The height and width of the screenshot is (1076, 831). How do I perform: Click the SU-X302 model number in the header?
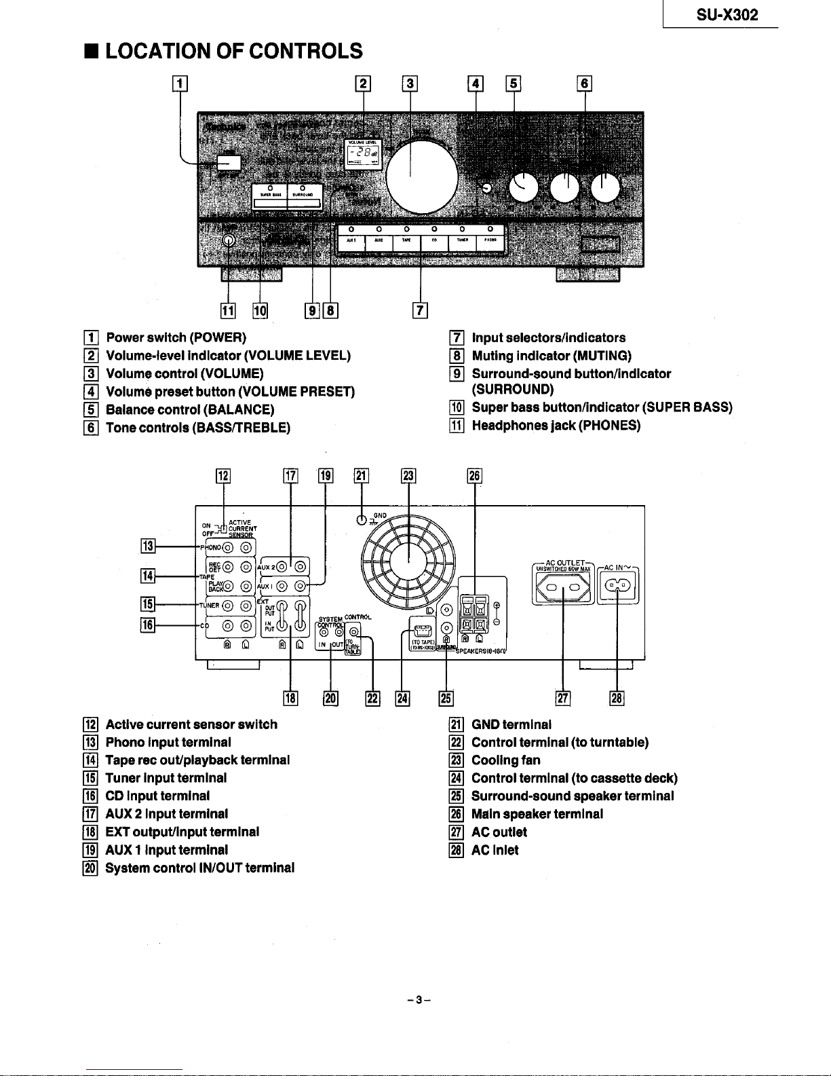point(727,15)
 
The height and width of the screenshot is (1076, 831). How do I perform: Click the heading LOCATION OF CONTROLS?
point(234,51)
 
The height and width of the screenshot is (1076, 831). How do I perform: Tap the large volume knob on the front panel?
point(421,177)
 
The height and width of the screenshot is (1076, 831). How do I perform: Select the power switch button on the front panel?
point(229,163)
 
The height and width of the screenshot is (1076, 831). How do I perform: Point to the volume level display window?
point(364,155)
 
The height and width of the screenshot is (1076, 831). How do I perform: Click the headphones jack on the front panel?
point(229,240)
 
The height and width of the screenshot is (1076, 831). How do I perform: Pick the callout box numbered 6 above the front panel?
point(585,84)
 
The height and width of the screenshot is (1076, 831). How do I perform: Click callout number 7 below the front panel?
point(421,311)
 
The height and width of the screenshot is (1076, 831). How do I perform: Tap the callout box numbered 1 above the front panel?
point(180,84)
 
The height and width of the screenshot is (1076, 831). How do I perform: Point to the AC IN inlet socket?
point(617,586)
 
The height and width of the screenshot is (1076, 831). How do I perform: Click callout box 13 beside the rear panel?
point(148,546)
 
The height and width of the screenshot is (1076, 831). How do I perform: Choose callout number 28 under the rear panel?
point(617,698)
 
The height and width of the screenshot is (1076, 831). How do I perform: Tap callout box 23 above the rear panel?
point(408,475)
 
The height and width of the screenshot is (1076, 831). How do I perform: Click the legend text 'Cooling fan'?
point(505,760)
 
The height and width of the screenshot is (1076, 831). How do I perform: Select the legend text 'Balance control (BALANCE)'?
point(190,409)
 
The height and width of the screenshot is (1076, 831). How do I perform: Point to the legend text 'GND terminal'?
point(511,724)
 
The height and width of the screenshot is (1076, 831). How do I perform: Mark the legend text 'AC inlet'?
point(495,850)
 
